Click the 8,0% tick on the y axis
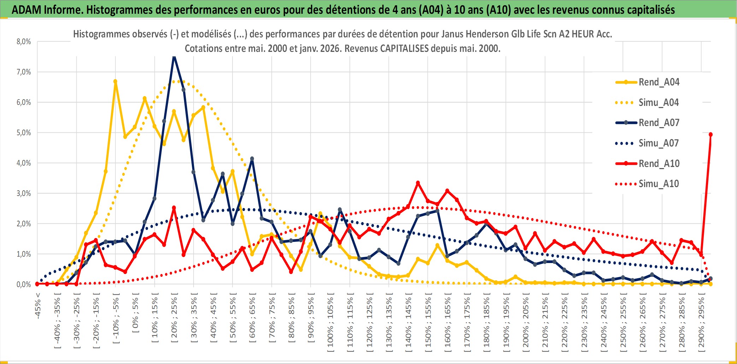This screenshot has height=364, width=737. (24, 42)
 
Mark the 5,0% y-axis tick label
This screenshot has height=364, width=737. (24, 133)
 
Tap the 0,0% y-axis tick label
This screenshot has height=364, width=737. (24, 285)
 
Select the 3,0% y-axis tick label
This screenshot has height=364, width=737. (24, 193)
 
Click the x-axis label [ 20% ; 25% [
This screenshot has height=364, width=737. (174, 320)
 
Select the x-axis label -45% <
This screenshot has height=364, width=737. (38, 306)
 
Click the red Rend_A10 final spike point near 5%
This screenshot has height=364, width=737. (711, 135)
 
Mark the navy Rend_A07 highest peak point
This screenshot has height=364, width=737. (174, 56)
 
